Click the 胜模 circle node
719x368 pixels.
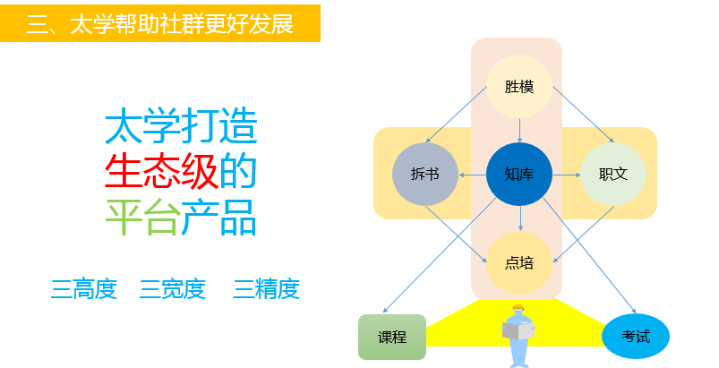click(519, 87)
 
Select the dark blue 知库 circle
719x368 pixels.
click(519, 174)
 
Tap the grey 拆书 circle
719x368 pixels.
click(425, 174)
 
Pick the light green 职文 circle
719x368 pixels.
click(613, 174)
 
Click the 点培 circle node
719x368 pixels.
click(519, 262)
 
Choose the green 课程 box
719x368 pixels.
click(392, 337)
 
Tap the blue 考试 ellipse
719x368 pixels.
click(636, 337)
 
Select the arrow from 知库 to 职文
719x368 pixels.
click(566, 175)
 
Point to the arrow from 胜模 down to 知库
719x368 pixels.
click(519, 131)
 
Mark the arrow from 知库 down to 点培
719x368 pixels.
click(520, 218)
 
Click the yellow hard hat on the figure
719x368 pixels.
click(518, 307)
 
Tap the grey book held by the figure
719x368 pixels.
click(518, 331)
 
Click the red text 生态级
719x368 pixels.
click(162, 171)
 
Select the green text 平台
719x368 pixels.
click(141, 217)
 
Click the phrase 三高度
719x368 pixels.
click(83, 289)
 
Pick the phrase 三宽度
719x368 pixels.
click(173, 289)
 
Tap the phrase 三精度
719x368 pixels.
click(267, 289)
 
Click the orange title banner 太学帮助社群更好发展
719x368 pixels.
click(160, 23)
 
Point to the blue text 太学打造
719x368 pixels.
click(181, 126)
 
